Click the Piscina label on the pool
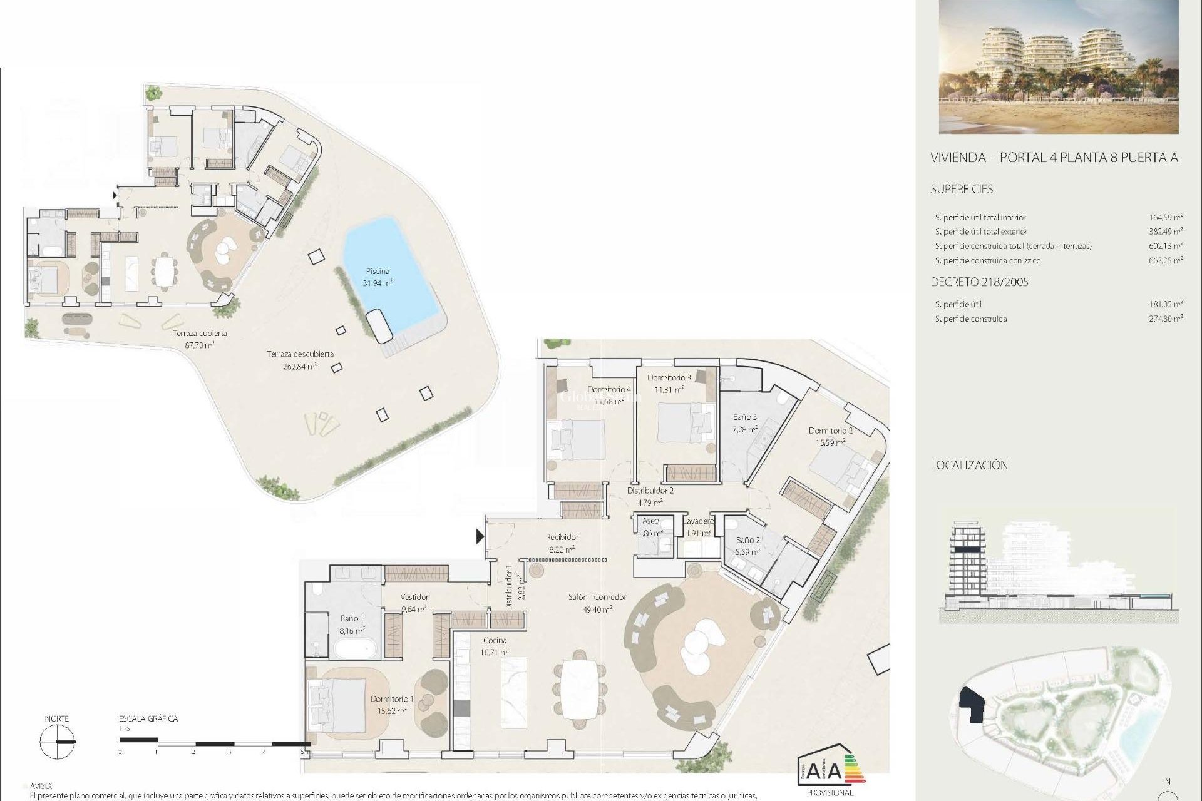378,272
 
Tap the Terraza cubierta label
200,334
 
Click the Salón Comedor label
597,598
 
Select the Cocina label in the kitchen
495,641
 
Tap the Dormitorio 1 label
392,699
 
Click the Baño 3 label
745,417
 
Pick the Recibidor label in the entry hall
562,537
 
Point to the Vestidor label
414,598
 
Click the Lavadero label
698,521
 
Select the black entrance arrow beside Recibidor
480,536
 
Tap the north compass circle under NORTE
57,742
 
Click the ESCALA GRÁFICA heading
148,719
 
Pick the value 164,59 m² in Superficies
1166,218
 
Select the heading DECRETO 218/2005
979,282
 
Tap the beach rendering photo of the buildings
1059,67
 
